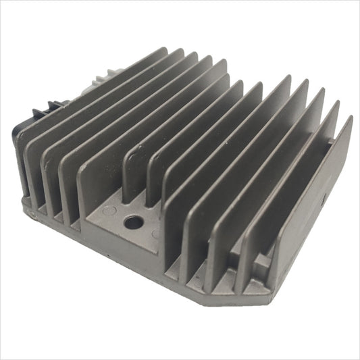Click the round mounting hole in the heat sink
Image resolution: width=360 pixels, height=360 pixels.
point(132,220)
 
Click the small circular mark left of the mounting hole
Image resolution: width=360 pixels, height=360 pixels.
point(112,212)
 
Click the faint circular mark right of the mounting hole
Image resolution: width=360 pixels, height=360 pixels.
point(156,234)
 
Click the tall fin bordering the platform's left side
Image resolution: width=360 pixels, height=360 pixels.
point(91,182)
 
